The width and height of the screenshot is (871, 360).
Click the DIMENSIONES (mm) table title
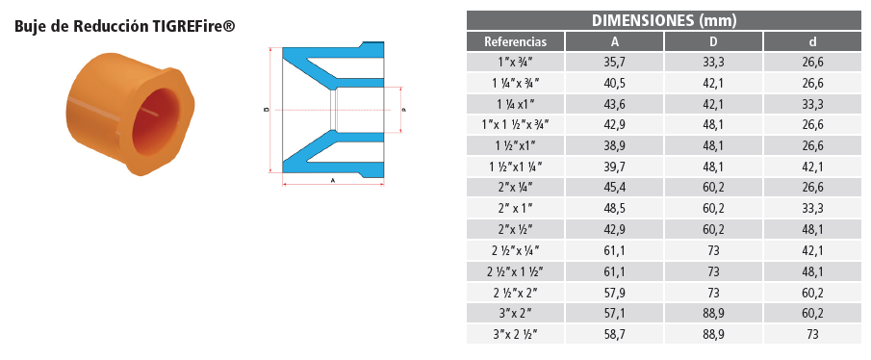(664, 20)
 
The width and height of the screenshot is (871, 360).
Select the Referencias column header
(516, 41)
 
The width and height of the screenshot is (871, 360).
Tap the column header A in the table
(614, 41)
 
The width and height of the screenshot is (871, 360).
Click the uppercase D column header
(713, 41)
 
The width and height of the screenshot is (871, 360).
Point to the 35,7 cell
(614, 63)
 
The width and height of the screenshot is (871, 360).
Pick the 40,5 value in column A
(614, 84)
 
